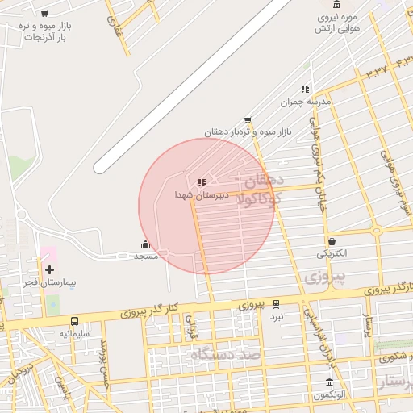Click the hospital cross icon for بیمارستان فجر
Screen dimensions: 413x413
pos(50,269)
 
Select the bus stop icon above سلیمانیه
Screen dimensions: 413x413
pos(75,321)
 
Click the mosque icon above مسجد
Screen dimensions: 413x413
pos(145,244)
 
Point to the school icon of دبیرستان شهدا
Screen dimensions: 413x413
pos(202,182)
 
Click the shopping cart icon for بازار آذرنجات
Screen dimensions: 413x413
pos(44,14)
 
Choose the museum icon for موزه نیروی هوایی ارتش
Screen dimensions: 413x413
pos(336,5)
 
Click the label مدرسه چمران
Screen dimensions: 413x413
pos(301,102)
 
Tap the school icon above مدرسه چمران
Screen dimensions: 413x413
pos(305,89)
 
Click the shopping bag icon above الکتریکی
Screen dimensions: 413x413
pos(332,241)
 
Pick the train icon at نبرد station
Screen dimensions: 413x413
pos(277,304)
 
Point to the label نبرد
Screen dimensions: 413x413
pos(277,317)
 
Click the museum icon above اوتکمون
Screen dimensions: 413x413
pos(328,382)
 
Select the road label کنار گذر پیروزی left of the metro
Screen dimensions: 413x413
pos(161,311)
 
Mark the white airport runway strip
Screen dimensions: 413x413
pos(194,85)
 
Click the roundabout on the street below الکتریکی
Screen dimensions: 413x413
pos(376,231)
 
